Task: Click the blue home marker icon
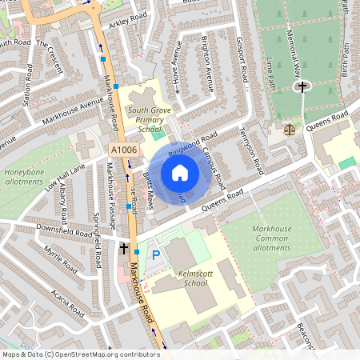click(x=180, y=173)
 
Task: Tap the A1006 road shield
click(x=124, y=150)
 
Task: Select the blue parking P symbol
click(x=156, y=255)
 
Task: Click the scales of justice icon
click(x=289, y=126)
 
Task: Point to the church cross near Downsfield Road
click(x=124, y=249)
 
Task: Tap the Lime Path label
click(x=272, y=73)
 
